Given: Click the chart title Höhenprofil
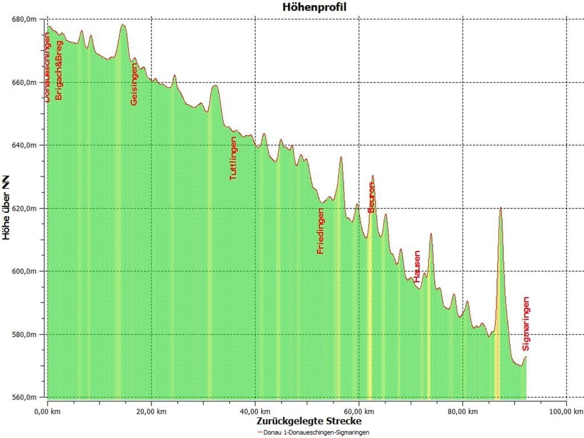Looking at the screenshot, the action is [x=314, y=7].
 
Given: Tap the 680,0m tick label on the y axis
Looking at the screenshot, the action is [x=25, y=19].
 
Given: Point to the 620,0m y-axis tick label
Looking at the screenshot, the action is [x=25, y=208].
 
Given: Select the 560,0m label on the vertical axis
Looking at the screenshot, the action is [x=25, y=397].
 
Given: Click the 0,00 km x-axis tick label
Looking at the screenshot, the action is [x=47, y=412].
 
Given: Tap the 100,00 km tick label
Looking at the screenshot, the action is [x=567, y=412].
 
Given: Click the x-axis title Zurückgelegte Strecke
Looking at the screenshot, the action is [x=309, y=421].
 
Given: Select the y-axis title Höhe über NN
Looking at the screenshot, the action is [x=6, y=208].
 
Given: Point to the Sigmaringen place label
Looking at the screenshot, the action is [x=526, y=323].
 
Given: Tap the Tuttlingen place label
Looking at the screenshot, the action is [x=233, y=159].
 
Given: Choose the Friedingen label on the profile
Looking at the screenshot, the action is [x=320, y=231].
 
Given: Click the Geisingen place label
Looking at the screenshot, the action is [x=134, y=84].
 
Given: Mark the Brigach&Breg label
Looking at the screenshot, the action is [x=59, y=70].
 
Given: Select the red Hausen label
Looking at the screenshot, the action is [x=416, y=267].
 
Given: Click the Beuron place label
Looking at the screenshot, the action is [x=371, y=197].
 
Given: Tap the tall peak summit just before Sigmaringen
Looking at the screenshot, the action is [x=501, y=208].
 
